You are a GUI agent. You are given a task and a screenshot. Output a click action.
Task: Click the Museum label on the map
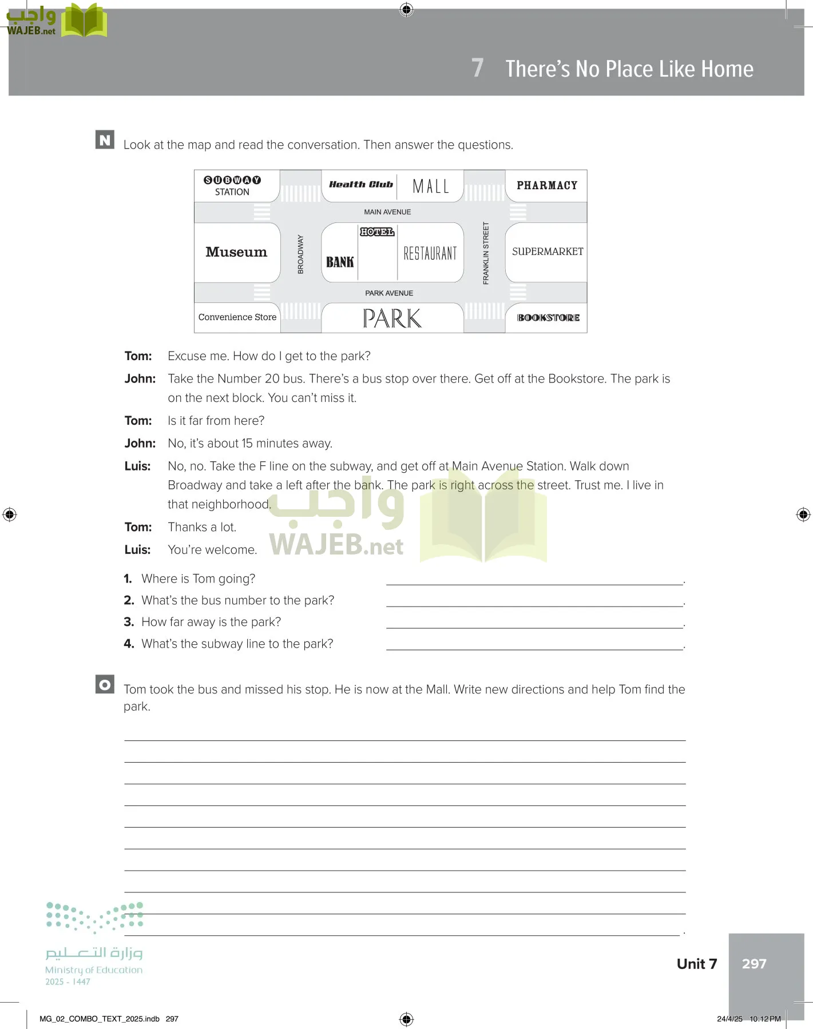[x=236, y=252]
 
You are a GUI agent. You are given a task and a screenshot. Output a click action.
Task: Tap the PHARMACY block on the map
[x=547, y=185]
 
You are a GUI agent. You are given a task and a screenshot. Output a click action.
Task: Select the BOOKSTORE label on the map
[x=548, y=318]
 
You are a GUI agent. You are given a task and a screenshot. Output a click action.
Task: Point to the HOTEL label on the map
[x=377, y=232]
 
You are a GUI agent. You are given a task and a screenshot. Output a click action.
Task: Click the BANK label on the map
[x=340, y=262]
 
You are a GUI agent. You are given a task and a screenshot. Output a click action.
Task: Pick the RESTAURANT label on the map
[x=430, y=253]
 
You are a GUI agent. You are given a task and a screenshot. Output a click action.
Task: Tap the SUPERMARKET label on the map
[x=548, y=252]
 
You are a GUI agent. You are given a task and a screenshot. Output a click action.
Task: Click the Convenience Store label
[x=237, y=317]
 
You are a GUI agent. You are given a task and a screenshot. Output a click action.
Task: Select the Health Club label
[x=361, y=185]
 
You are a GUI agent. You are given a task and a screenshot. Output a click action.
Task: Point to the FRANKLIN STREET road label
[x=486, y=253]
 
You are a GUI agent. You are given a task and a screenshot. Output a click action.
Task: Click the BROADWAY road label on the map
[x=300, y=254]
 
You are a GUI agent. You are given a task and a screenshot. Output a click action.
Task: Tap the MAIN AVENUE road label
[x=387, y=212]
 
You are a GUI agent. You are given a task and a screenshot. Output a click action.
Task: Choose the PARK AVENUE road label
[x=389, y=293]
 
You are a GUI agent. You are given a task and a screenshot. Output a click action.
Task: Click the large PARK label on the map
[x=392, y=318]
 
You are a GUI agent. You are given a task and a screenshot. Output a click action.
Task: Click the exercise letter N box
[x=105, y=139]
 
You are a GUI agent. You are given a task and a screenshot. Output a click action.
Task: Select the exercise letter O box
[x=105, y=684]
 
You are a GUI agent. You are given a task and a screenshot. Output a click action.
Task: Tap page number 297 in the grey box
[x=754, y=964]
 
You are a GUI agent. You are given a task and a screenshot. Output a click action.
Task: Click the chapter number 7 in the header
[x=477, y=68]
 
